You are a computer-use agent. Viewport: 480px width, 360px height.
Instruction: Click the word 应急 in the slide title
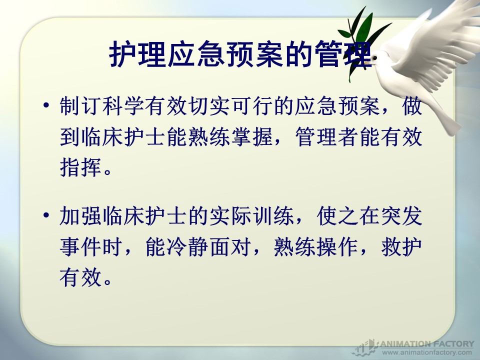coord(197,54)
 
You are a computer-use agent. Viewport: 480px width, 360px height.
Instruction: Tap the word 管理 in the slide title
coord(343,54)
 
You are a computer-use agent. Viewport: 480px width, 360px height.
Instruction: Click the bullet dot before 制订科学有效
coord(46,105)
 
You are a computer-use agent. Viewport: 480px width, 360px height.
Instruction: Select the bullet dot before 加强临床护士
coord(46,215)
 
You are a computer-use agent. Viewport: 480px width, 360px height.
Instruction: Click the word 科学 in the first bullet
coord(123,106)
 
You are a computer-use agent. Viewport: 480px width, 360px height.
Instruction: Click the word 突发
coord(401,215)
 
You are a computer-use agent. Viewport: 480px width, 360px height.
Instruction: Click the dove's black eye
coord(374,58)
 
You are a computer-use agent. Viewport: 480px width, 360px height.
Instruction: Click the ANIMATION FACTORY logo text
coord(427,344)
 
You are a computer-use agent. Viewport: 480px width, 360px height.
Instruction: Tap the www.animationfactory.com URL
coord(427,352)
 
